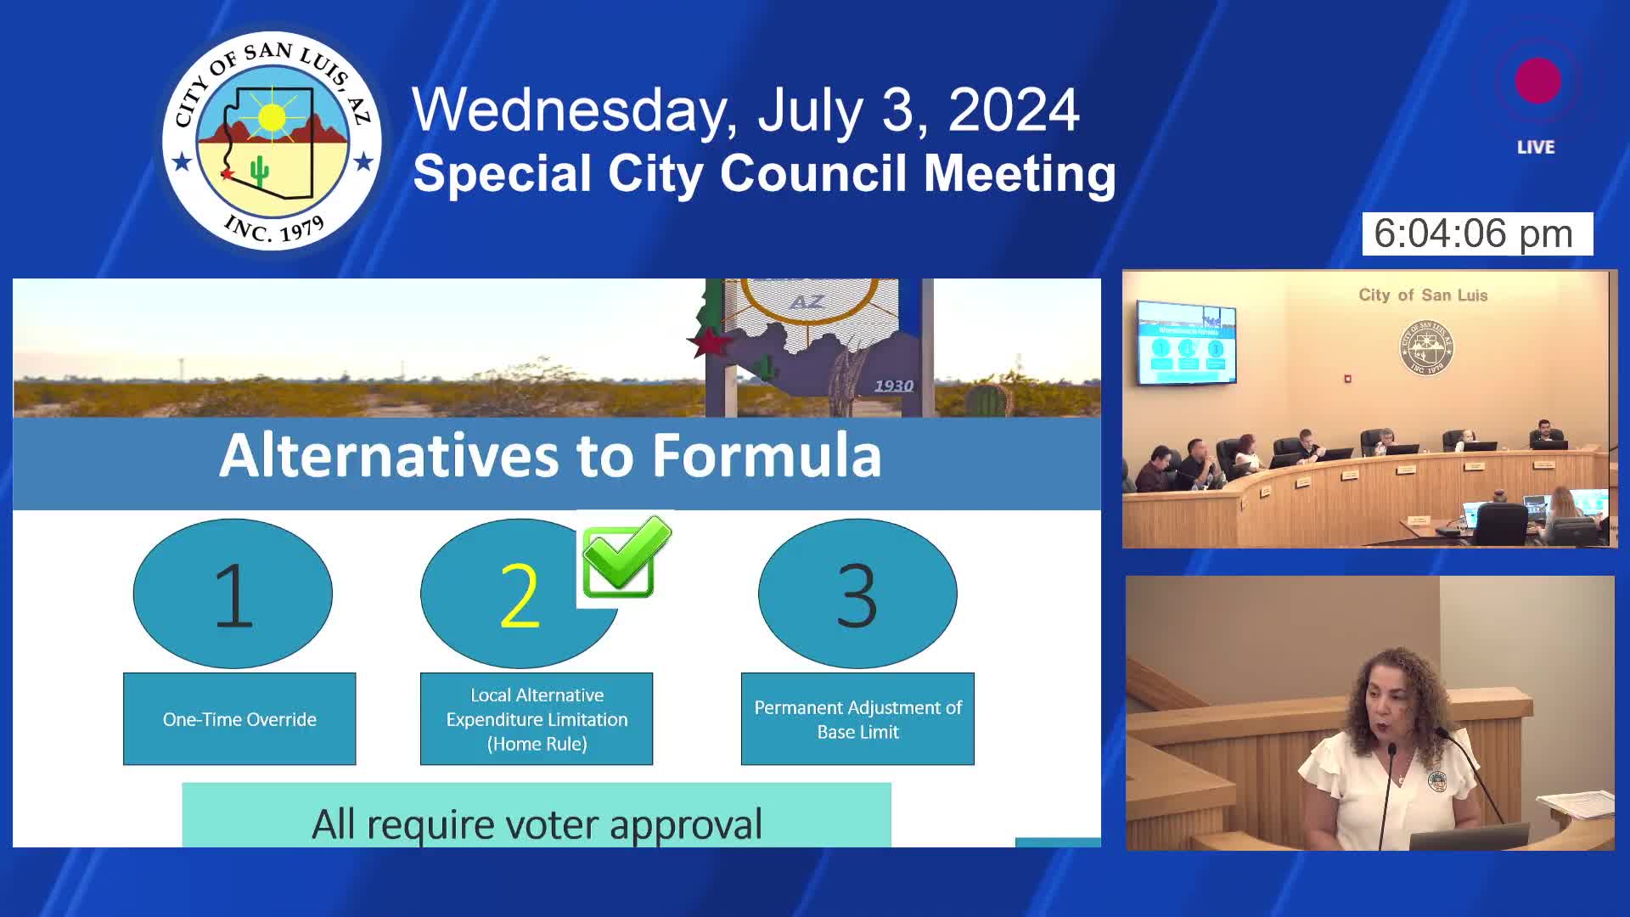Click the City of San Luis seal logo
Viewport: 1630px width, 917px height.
272,141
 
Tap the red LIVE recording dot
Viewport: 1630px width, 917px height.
1537,82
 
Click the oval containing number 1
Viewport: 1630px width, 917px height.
233,594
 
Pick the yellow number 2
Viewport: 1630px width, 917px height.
519,596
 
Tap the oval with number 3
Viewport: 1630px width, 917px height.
857,594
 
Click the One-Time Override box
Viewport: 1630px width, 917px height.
239,719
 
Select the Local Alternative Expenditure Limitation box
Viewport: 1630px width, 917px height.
537,719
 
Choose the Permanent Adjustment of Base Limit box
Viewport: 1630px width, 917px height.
857,719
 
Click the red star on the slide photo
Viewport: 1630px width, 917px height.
710,342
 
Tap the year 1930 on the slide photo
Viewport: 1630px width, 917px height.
894,386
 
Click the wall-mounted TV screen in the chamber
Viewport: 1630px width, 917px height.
1186,341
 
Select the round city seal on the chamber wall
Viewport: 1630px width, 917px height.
1426,347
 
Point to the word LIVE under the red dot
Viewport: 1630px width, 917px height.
1536,148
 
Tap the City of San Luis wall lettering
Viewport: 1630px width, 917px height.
1423,295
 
